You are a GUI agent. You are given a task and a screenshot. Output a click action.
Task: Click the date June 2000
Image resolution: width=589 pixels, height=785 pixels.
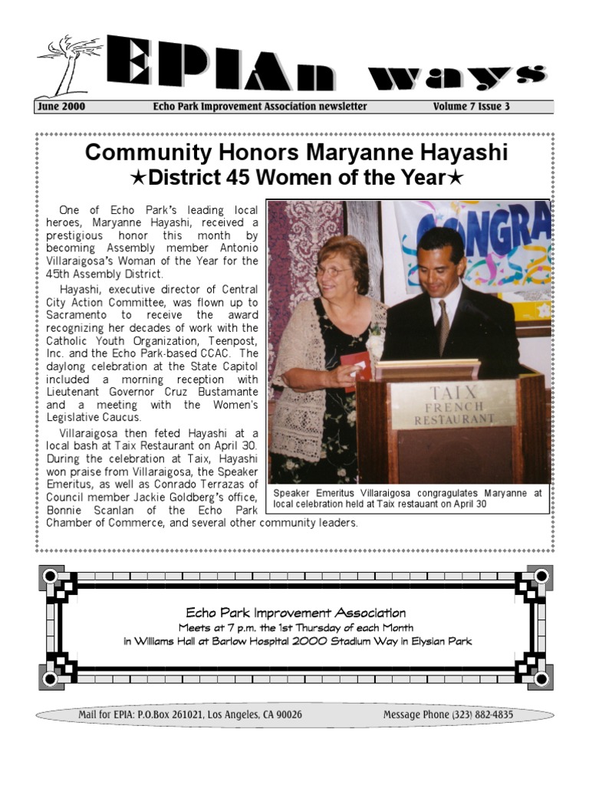(x=61, y=107)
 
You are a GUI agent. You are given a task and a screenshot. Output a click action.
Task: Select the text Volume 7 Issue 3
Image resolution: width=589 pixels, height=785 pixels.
(x=471, y=107)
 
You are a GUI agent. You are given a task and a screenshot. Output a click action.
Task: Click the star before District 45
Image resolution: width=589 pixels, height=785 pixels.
(x=139, y=179)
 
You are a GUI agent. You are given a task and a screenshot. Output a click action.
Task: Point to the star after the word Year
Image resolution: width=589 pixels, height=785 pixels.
(x=455, y=179)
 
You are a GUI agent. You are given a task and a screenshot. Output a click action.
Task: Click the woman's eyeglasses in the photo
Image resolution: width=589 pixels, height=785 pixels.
(x=333, y=271)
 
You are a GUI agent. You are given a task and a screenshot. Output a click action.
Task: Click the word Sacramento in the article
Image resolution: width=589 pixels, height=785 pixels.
(x=75, y=315)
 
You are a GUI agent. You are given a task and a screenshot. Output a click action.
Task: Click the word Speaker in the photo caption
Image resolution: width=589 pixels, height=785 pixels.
(x=291, y=494)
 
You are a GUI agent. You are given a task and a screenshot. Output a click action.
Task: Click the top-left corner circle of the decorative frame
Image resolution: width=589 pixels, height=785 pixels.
(x=51, y=575)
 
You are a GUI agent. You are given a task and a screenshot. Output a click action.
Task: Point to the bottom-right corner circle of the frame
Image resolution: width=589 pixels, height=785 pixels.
(x=541, y=678)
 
